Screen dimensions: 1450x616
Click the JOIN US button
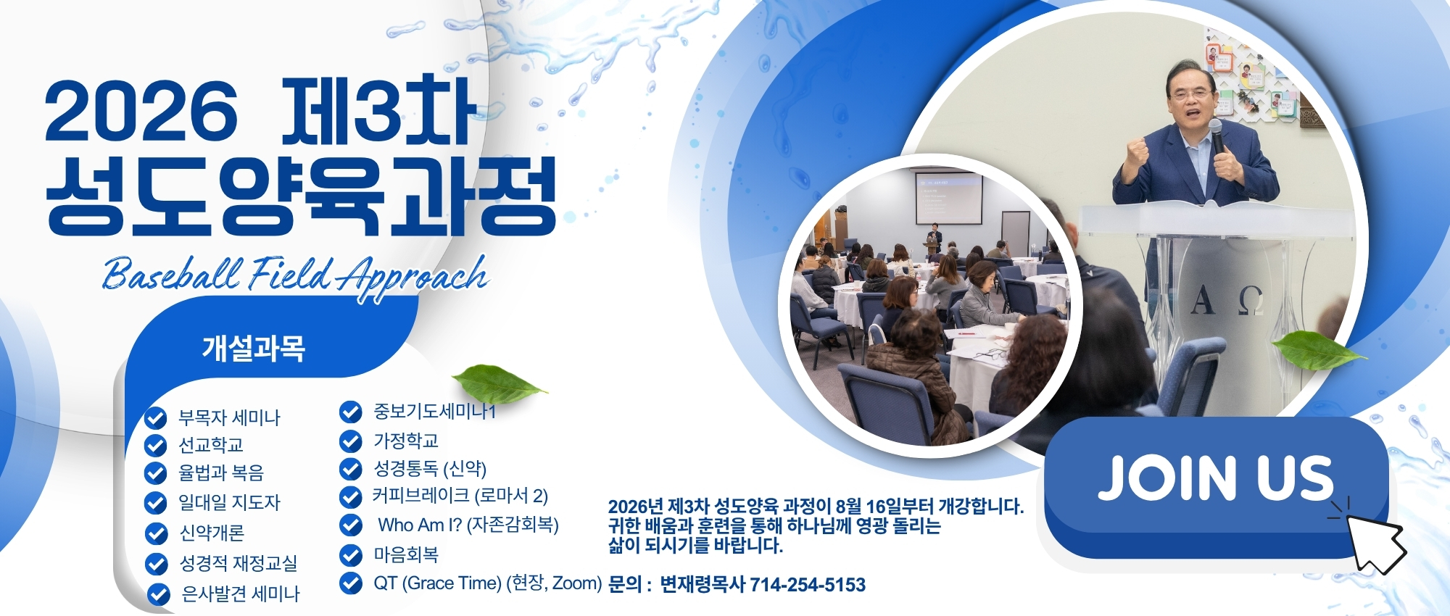pyautogui.click(x=1216, y=487)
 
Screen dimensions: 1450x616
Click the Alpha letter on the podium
pyautogui.click(x=1203, y=299)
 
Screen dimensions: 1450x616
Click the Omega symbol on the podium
pyautogui.click(x=1251, y=300)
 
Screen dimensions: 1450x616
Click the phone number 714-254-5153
pyautogui.click(x=807, y=585)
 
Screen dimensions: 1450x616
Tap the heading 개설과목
pyautogui.click(x=254, y=349)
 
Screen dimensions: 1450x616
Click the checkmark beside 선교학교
pyautogui.click(x=156, y=445)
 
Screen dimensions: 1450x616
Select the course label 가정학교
pyautogui.click(x=406, y=441)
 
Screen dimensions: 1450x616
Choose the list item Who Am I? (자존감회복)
pyautogui.click(x=468, y=525)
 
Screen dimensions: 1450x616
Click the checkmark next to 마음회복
pyautogui.click(x=351, y=555)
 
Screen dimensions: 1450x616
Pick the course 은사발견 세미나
pyautogui.click(x=240, y=594)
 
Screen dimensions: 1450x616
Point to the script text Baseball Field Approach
pyautogui.click(x=295, y=275)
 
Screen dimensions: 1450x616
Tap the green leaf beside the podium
pyautogui.click(x=1318, y=351)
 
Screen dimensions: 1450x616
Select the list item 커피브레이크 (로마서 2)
pyautogui.click(x=460, y=496)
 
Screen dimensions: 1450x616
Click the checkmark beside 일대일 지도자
pyautogui.click(x=156, y=502)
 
